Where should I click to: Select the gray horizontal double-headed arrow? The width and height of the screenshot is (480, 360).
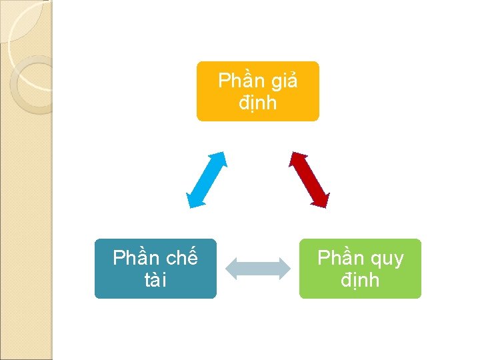258,269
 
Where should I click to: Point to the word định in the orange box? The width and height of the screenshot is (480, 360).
257,104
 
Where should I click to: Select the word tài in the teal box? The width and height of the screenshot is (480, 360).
155,280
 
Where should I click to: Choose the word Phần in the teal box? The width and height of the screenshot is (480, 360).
136,258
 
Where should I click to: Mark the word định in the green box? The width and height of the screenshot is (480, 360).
360,280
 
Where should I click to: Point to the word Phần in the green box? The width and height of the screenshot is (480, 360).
340,258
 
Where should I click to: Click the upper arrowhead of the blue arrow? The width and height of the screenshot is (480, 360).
221,159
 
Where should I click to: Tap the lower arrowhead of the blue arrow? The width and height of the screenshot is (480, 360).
193,200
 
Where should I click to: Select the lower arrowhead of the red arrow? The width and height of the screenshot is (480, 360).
323,199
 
